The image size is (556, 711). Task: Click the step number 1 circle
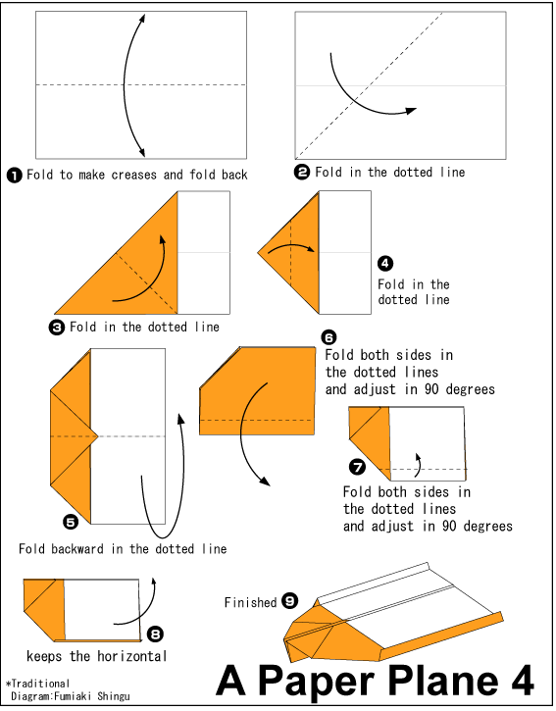tap(15, 176)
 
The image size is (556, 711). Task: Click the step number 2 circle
tap(302, 173)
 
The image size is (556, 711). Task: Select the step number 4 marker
tap(385, 263)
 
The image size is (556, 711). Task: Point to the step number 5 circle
tap(70, 522)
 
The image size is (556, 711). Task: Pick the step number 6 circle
tap(330, 337)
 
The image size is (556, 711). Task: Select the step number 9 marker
tap(289, 601)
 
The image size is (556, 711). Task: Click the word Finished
tap(250, 602)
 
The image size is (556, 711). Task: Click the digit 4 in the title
tap(521, 680)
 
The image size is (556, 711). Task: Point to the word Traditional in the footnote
tap(40, 683)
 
